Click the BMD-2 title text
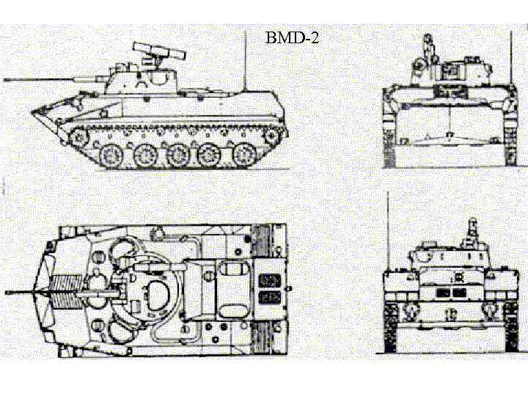click(292, 37)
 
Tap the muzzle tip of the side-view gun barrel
click(6, 78)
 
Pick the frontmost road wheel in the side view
click(111, 155)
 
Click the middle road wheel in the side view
click(178, 155)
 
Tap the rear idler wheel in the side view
click(274, 136)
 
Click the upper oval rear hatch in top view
click(230, 270)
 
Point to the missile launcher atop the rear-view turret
click(471, 231)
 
